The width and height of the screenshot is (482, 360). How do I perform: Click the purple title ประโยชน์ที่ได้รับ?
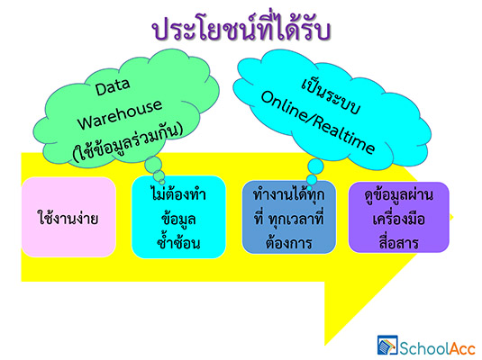click(x=241, y=28)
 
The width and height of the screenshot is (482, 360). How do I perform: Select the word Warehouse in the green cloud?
click(x=120, y=114)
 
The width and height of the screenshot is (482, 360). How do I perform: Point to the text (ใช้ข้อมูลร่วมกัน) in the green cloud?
click(x=128, y=142)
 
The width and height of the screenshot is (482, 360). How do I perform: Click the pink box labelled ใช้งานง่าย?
click(x=68, y=217)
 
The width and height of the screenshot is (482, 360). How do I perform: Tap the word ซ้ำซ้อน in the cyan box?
click(x=178, y=242)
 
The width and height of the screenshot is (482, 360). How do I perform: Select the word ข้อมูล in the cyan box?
click(x=178, y=219)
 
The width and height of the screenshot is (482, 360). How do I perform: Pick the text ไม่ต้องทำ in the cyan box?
click(x=178, y=194)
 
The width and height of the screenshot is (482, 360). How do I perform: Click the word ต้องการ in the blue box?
click(x=289, y=243)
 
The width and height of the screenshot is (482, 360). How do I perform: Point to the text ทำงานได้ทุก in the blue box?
click(x=289, y=194)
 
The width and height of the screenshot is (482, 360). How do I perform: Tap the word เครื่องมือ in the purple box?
click(x=399, y=219)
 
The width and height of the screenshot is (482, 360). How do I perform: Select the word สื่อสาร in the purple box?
click(x=399, y=242)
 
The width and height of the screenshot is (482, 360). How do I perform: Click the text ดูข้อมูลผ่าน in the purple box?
click(x=399, y=194)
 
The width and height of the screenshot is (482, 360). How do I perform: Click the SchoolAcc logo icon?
click(x=387, y=346)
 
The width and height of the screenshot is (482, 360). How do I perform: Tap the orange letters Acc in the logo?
click(x=463, y=349)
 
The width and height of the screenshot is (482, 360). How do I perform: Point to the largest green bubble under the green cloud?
click(x=153, y=166)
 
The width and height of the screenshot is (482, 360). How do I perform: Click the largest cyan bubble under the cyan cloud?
click(x=315, y=166)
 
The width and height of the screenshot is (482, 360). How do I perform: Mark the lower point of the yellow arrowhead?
click(x=325, y=346)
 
